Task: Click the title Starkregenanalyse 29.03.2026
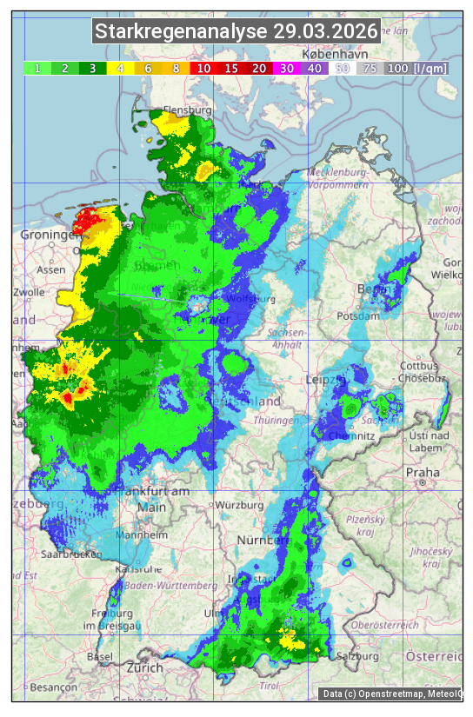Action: [x=236, y=32]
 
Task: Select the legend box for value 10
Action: [x=203, y=68]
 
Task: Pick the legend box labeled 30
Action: [x=286, y=68]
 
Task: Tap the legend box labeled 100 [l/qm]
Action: [x=416, y=68]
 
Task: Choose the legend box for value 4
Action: [x=121, y=68]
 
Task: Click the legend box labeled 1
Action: [x=37, y=68]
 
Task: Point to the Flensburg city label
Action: [x=187, y=111]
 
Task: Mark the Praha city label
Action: [x=423, y=472]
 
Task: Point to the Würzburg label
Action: [x=240, y=505]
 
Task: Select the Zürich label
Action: [x=144, y=667]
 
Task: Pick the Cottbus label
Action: [x=419, y=366]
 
